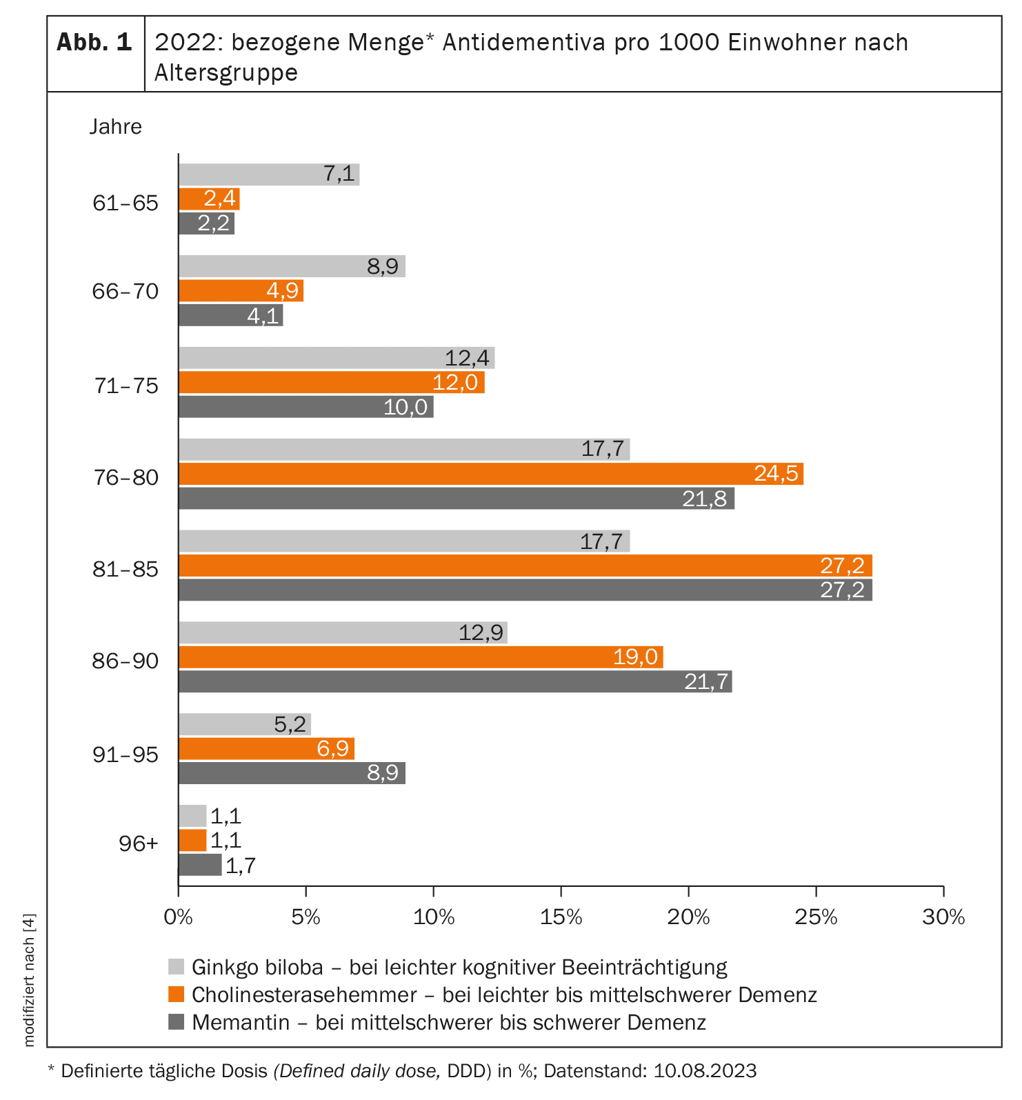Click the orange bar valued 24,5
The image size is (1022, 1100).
tap(490, 474)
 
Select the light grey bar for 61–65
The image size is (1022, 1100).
tap(269, 174)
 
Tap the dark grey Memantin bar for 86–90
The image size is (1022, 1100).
tap(455, 681)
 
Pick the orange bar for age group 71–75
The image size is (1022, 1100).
tap(331, 382)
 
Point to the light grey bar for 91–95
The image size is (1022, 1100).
tap(244, 724)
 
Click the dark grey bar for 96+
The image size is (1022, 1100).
tap(200, 865)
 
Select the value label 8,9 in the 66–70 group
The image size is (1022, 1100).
tap(383, 266)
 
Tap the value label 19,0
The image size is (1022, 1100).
tap(635, 657)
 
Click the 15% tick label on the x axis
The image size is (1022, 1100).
tap(561, 917)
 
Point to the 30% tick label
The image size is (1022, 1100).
tap(943, 917)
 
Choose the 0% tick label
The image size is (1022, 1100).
tap(178, 917)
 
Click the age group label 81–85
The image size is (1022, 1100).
tap(126, 570)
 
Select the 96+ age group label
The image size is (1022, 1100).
tap(138, 843)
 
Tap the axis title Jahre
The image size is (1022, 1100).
tap(115, 127)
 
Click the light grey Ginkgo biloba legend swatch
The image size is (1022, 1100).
tap(177, 966)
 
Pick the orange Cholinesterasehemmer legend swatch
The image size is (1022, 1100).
tap(177, 994)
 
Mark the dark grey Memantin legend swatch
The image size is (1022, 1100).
tap(177, 1021)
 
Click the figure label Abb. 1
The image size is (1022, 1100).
tap(94, 43)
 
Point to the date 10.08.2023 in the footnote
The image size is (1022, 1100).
tap(705, 1071)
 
